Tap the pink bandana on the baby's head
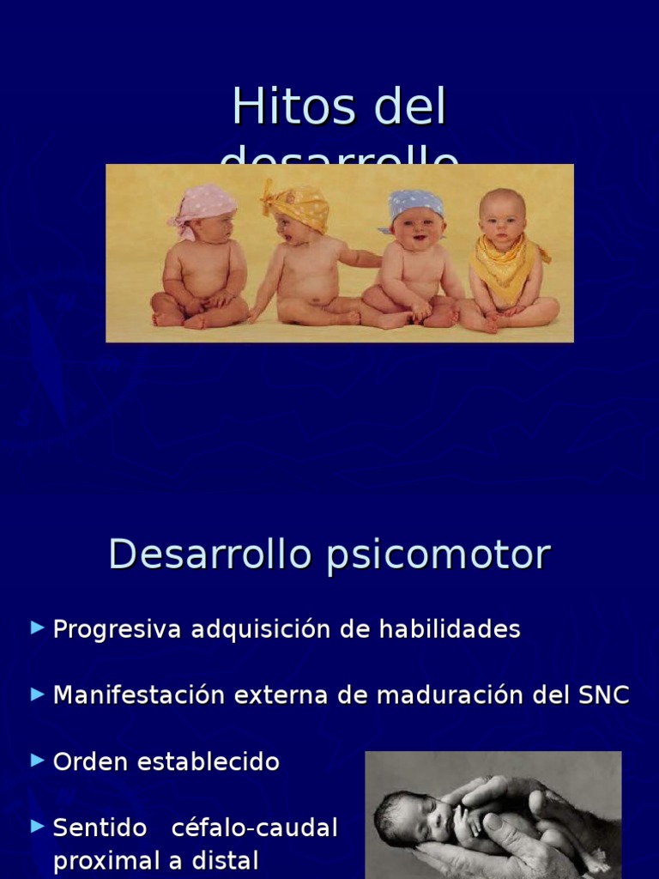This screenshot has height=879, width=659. click(203, 203)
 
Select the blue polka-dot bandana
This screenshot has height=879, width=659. click(416, 204)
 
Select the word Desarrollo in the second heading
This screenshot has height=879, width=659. click(209, 555)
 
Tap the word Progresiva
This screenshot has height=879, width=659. click(118, 629)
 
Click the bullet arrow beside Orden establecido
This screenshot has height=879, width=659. click(37, 760)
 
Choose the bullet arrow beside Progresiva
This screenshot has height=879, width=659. click(37, 627)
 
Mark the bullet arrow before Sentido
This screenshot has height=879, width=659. click(37, 827)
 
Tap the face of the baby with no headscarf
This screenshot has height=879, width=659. click(502, 220)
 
